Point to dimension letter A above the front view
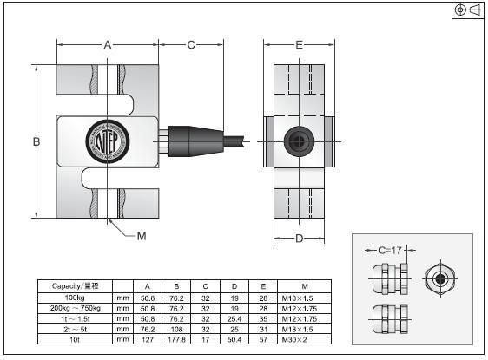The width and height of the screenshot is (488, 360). tap(108, 43)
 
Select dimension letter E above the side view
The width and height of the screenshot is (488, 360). tap(299, 44)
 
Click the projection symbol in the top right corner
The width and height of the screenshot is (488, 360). tap(466, 10)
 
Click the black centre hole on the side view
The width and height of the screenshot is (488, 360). tap(299, 140)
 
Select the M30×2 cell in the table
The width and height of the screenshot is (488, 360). tap(304, 340)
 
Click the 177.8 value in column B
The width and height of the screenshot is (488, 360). tap(177, 340)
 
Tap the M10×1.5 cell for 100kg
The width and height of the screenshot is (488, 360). tap(304, 298)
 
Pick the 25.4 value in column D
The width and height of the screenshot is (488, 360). tap(233, 318)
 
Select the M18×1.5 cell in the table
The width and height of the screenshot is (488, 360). tap(304, 330)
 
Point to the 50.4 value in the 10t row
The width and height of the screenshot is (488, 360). tap(233, 340)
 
